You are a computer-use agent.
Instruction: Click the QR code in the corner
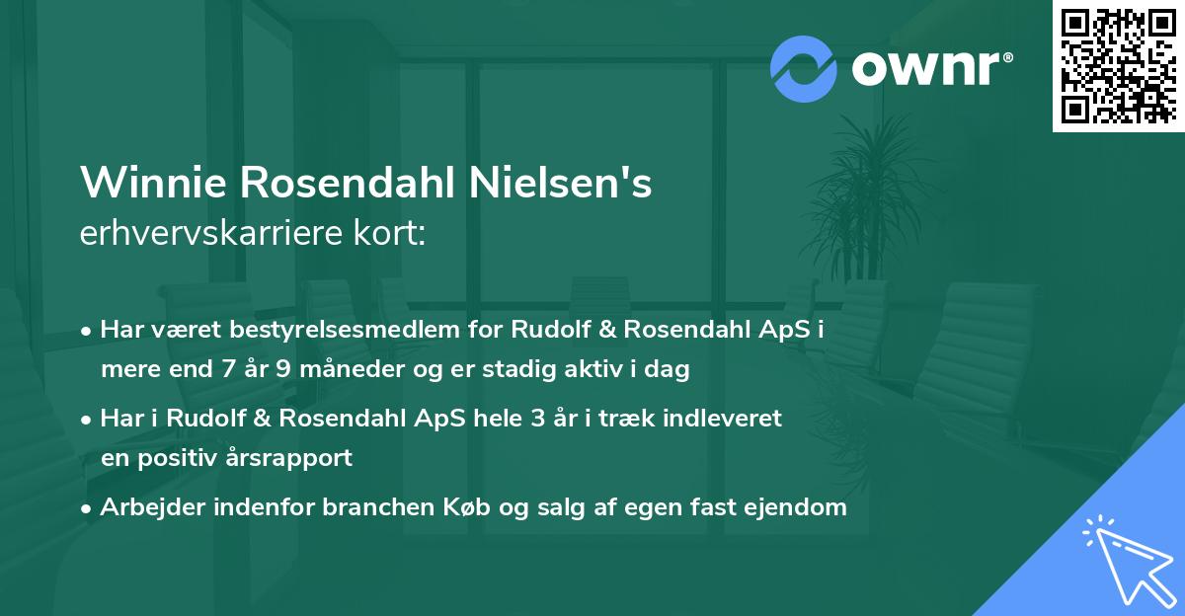1118,65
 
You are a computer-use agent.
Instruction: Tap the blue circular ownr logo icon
804,68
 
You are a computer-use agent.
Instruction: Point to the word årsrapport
293,458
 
